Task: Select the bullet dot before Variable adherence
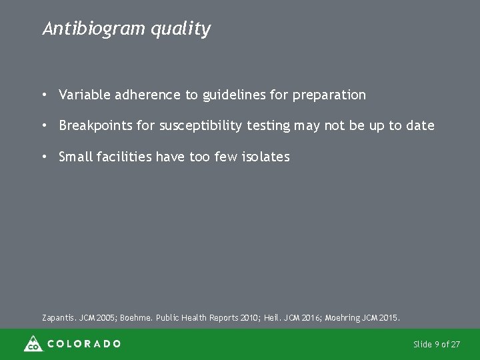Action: coord(43,95)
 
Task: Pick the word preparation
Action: coord(328,95)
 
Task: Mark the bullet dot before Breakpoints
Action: coord(43,125)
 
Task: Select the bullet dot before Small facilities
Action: coord(43,157)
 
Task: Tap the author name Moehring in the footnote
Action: coord(345,318)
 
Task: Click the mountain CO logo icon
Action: coord(32,344)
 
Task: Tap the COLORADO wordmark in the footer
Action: coord(83,344)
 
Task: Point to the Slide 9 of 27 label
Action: coord(436,344)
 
